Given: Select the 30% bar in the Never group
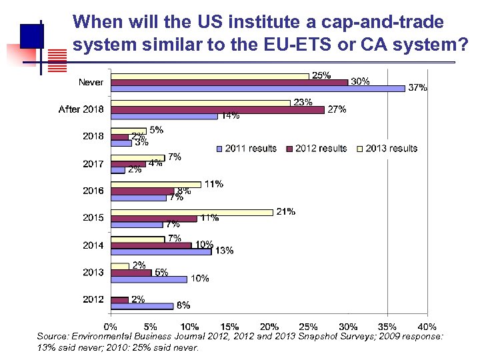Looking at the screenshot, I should [229, 82].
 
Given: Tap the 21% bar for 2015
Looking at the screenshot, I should [192, 212].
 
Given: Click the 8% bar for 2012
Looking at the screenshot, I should [142, 306].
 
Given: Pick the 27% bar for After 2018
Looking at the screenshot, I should [217, 109].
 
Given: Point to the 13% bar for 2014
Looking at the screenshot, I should [161, 251].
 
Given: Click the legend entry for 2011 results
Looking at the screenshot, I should [247, 148].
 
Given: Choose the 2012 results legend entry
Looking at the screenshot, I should [317, 148].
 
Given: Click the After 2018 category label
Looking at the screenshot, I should [81, 109].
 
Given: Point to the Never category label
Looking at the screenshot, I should [91, 82].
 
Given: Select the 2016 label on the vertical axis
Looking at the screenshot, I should [93, 191].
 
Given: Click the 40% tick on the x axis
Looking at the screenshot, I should [427, 327].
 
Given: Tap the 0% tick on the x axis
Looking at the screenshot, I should [111, 327].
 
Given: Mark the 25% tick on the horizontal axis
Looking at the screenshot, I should [308, 327].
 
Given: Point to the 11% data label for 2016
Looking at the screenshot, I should [214, 184].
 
